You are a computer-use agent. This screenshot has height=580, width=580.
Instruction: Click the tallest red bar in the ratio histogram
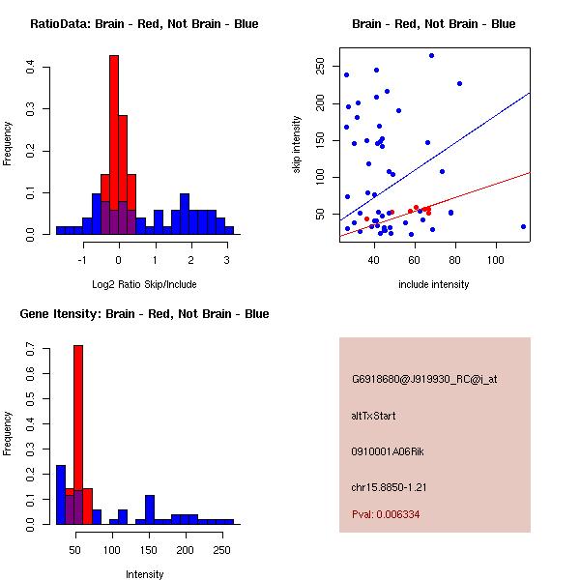pos(114,135)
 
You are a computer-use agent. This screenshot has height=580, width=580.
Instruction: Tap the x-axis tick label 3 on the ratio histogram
pos(226,260)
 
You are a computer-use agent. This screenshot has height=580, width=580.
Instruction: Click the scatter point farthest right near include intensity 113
pos(523,226)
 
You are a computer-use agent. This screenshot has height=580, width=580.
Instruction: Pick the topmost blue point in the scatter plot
pos(431,56)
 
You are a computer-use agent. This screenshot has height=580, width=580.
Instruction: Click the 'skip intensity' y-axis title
pos(297,145)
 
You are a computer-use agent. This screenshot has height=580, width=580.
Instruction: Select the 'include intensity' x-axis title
pos(433,284)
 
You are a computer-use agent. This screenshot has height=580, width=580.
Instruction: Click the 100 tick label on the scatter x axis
pos(496,260)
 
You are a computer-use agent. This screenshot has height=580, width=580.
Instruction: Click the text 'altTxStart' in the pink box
pos(374,416)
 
